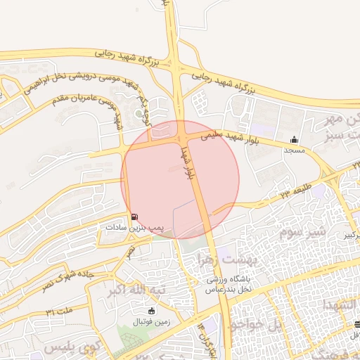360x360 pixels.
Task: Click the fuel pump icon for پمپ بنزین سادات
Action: [x=134, y=217]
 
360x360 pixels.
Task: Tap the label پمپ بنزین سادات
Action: [x=134, y=228]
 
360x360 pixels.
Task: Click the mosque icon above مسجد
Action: [x=294, y=139]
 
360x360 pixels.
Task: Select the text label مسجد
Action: [x=294, y=150]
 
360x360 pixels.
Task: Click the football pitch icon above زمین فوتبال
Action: [x=150, y=311]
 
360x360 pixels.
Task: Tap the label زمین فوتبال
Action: [x=150, y=321]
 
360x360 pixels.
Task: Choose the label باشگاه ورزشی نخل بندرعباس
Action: [x=229, y=284]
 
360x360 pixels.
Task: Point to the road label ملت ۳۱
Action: [x=60, y=310]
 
